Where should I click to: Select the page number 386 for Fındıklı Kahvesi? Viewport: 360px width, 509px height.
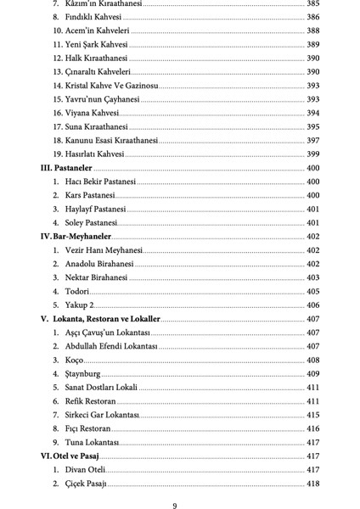312,17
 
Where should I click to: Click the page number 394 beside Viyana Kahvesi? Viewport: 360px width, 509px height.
312,113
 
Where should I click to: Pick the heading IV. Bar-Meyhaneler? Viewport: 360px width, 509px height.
76,237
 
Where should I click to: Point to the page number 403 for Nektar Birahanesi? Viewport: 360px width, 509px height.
312,277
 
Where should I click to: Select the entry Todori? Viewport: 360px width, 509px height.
77,291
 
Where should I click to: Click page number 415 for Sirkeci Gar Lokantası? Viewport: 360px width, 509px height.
312,415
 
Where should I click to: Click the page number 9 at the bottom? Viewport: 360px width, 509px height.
175,506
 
